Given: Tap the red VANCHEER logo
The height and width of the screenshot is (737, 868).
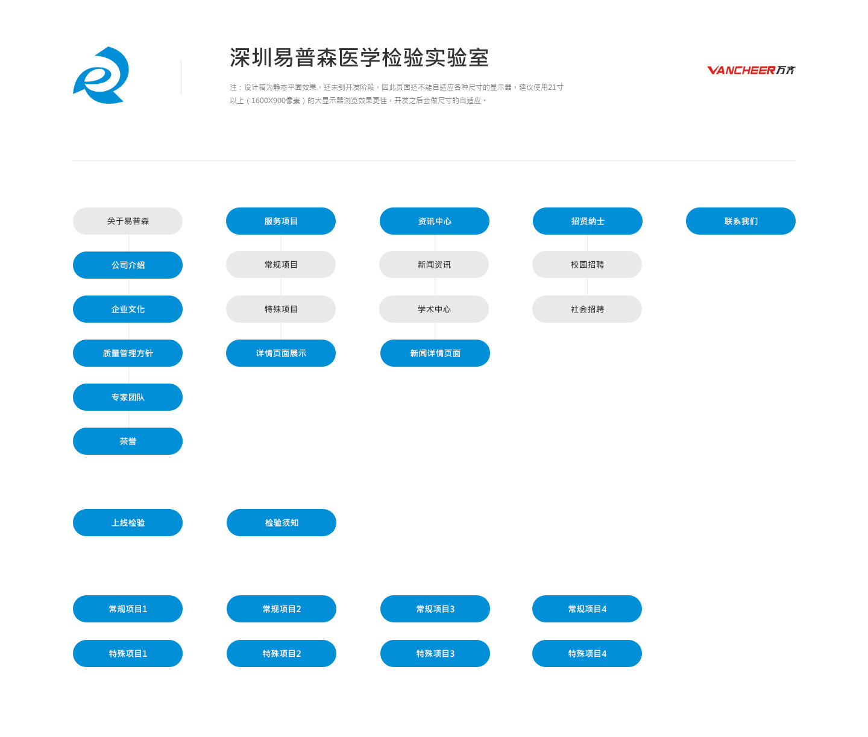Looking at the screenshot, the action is pyautogui.click(x=750, y=70).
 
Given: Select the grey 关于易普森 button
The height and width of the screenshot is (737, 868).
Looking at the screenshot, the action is pyautogui.click(x=128, y=221).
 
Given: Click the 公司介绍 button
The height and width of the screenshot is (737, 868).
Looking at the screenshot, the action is pyautogui.click(x=128, y=265).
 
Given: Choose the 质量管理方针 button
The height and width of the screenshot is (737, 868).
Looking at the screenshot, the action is pyautogui.click(x=128, y=353).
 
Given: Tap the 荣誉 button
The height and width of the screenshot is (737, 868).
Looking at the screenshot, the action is pyautogui.click(x=128, y=441).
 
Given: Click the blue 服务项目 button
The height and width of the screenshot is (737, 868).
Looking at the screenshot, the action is pyautogui.click(x=281, y=221).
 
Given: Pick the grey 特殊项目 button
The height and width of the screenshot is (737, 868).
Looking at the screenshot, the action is pyautogui.click(x=281, y=309).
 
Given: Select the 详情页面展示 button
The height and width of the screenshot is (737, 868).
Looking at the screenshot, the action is pyautogui.click(x=281, y=353).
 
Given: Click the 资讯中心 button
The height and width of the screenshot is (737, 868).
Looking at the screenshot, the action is pyautogui.click(x=435, y=221).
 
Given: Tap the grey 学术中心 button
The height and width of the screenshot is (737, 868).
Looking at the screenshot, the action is pyautogui.click(x=434, y=309).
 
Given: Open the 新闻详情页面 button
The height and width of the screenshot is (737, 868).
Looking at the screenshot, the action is pyautogui.click(x=435, y=353).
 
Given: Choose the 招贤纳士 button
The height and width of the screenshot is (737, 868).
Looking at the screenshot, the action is pyautogui.click(x=588, y=221).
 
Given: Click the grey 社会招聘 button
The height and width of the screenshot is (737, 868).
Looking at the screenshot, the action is pyautogui.click(x=587, y=309).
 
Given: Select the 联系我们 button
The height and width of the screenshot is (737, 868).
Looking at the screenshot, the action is pyautogui.click(x=741, y=221).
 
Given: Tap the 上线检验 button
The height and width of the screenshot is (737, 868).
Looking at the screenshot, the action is pyautogui.click(x=128, y=523).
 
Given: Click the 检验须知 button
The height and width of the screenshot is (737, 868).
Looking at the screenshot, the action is pyautogui.click(x=281, y=523).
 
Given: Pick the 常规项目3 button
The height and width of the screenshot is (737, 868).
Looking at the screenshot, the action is pyautogui.click(x=435, y=609).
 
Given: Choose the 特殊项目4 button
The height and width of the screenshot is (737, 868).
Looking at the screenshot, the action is pyautogui.click(x=587, y=653).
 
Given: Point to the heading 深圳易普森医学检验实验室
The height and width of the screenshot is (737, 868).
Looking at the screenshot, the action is pyautogui.click(x=359, y=57).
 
